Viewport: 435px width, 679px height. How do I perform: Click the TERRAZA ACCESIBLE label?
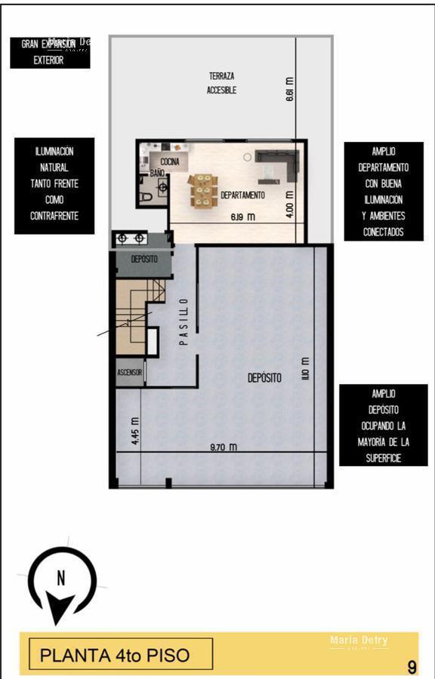(222, 83)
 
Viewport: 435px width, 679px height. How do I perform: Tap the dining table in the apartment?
(202, 190)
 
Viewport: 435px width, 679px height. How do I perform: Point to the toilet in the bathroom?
(147, 196)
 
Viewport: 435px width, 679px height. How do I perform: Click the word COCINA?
(170, 161)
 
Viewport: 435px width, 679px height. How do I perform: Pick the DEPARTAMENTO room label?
(242, 195)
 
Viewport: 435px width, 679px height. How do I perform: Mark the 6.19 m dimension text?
(242, 217)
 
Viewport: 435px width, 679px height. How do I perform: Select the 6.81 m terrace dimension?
(290, 89)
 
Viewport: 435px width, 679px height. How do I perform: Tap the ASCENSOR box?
(129, 373)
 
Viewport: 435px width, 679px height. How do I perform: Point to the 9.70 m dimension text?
(223, 447)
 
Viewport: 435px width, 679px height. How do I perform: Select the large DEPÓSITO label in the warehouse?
(264, 377)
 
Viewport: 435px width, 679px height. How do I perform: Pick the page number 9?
(412, 667)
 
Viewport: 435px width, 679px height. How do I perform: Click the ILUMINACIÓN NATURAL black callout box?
(54, 183)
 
